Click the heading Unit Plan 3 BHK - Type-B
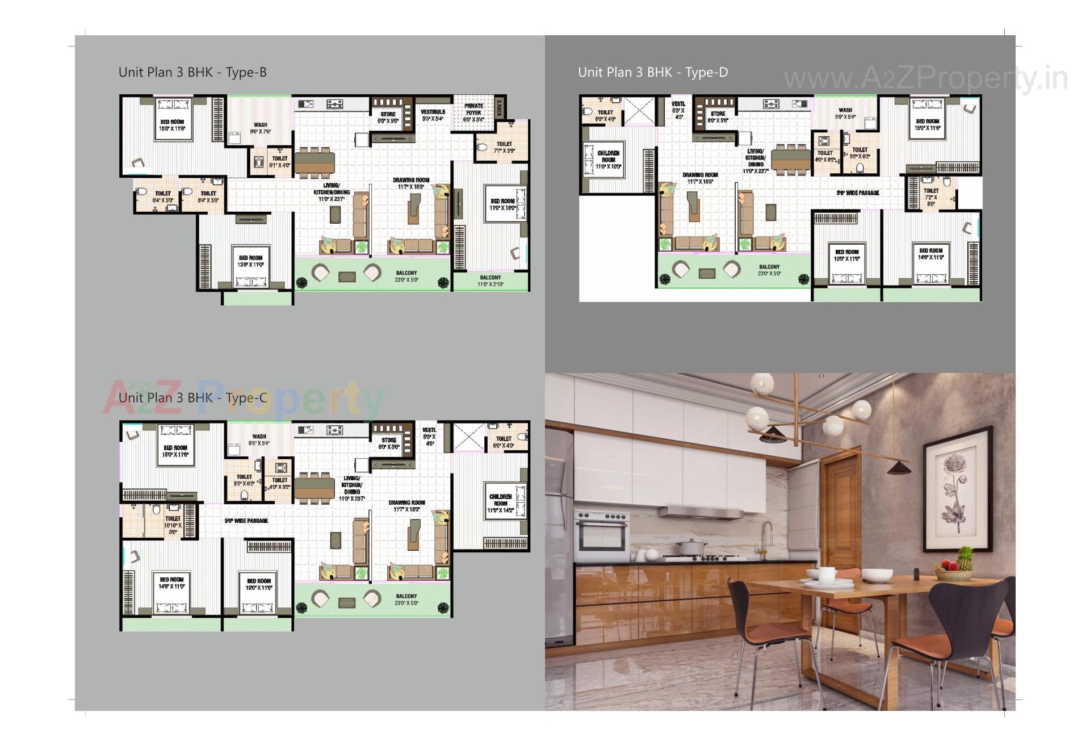pyautogui.click(x=192, y=73)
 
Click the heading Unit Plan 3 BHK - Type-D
pyautogui.click(x=653, y=73)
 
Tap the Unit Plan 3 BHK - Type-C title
pyautogui.click(x=192, y=398)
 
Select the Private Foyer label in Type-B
pyautogui.click(x=473, y=110)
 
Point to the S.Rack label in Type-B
pyautogui.click(x=499, y=107)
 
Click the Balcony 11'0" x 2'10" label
pyautogui.click(x=491, y=281)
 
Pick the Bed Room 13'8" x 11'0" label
pyautogui.click(x=250, y=261)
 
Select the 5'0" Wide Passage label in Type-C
pyautogui.click(x=246, y=521)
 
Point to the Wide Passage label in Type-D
pyautogui.click(x=858, y=193)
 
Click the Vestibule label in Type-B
pyautogui.click(x=433, y=115)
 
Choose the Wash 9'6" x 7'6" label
pyautogui.click(x=261, y=128)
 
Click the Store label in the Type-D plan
pyautogui.click(x=718, y=117)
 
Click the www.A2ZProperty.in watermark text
pyautogui.click(x=925, y=78)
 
